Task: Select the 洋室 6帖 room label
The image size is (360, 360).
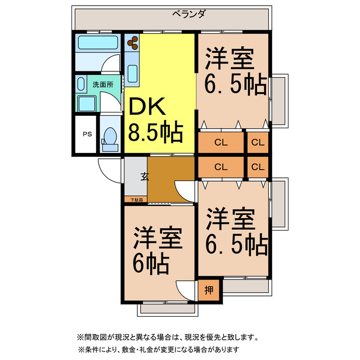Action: coord(157,250)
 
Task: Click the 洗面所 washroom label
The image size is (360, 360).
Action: coord(102,84)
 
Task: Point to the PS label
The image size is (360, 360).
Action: coord(87,134)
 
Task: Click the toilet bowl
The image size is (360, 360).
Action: coord(110,137)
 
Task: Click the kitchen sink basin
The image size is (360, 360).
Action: coord(133,73)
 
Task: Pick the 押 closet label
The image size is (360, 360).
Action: coord(209,290)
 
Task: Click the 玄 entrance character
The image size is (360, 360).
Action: coord(144,176)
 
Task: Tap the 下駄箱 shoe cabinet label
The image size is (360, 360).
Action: coord(137,200)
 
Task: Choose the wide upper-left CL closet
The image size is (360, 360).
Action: coord(220,142)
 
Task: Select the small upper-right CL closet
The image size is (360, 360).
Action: coord(258,142)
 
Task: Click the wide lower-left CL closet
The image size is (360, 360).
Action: coord(220,166)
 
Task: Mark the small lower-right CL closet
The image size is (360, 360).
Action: coord(258,166)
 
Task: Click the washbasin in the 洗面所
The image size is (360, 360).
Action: coord(87,103)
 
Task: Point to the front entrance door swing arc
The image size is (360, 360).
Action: coord(107,167)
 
